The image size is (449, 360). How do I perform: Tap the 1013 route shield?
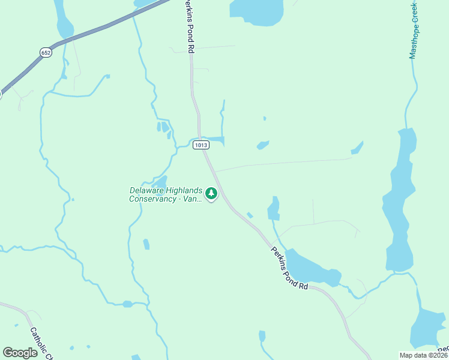[x=200, y=145]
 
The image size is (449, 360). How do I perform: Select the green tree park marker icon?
[x=211, y=193]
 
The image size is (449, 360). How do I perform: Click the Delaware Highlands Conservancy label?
[x=166, y=194]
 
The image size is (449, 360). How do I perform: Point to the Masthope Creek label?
[x=414, y=30]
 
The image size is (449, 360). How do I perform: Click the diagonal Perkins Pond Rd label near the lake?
[x=289, y=268]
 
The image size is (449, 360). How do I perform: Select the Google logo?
[x=20, y=353]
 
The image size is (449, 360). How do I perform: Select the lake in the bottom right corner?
[x=428, y=329]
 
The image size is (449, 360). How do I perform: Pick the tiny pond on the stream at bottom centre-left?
[x=127, y=304]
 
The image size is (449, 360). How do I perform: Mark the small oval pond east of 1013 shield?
[x=263, y=145]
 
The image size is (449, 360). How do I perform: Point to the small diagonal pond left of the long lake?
[x=358, y=147]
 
